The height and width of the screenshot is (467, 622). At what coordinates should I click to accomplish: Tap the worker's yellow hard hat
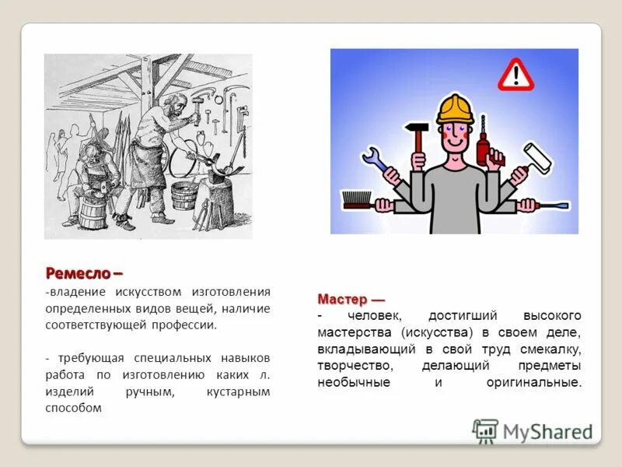pyautogui.click(x=455, y=110)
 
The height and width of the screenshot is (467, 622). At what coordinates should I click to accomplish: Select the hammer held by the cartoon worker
pyautogui.click(x=418, y=134)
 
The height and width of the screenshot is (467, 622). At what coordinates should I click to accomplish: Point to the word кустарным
pyautogui.click(x=238, y=392)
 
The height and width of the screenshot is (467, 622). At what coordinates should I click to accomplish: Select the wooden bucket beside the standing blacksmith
pyautogui.click(x=184, y=196)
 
